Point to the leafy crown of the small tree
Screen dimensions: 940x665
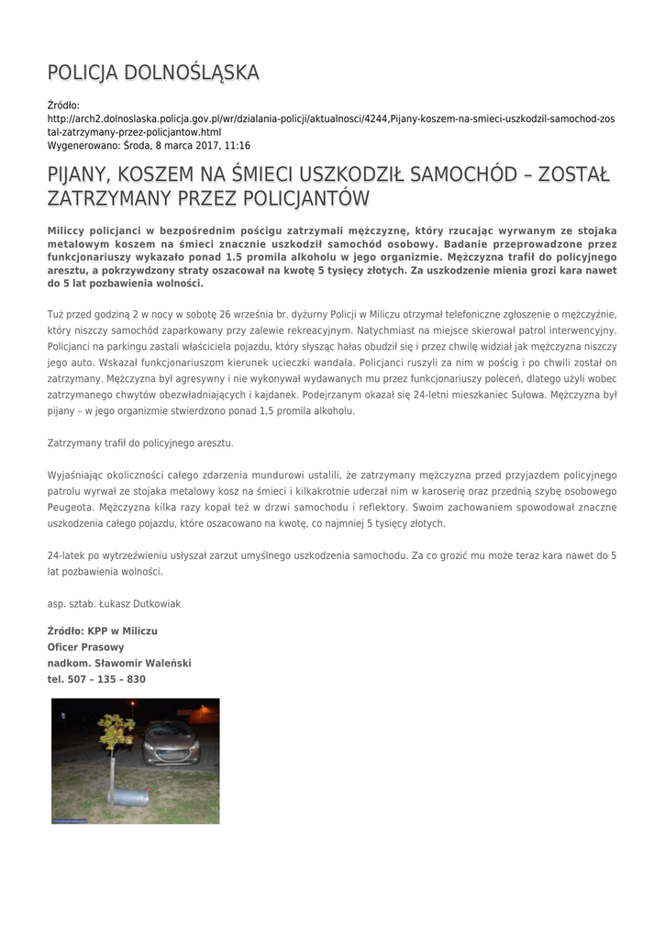116,729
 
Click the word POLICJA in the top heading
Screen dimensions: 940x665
83,73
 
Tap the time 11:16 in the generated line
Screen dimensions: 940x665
237,145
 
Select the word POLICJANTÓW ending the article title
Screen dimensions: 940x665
306,199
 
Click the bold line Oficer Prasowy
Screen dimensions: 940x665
85,647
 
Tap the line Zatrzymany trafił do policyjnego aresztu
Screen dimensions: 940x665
140,442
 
